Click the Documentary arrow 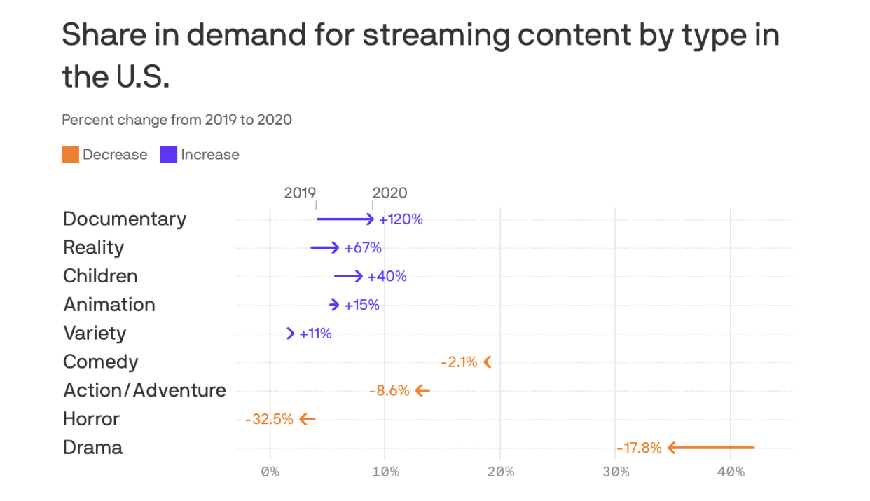pyautogui.click(x=345, y=219)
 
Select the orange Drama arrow pyautogui.click(x=711, y=448)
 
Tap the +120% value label pyautogui.click(x=401, y=219)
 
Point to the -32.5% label pyautogui.click(x=269, y=420)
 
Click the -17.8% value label pyautogui.click(x=639, y=448)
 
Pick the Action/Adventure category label pyautogui.click(x=145, y=390)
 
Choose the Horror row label pyautogui.click(x=91, y=419)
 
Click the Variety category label pyautogui.click(x=95, y=333)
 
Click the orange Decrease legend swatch pyautogui.click(x=70, y=155)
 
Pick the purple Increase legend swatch pyautogui.click(x=168, y=155)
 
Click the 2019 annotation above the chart pyautogui.click(x=300, y=193)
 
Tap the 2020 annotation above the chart pyautogui.click(x=389, y=193)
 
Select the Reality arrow pyautogui.click(x=325, y=247)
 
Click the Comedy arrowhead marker pyautogui.click(x=488, y=362)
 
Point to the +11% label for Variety pyautogui.click(x=315, y=334)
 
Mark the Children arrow pyautogui.click(x=348, y=276)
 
